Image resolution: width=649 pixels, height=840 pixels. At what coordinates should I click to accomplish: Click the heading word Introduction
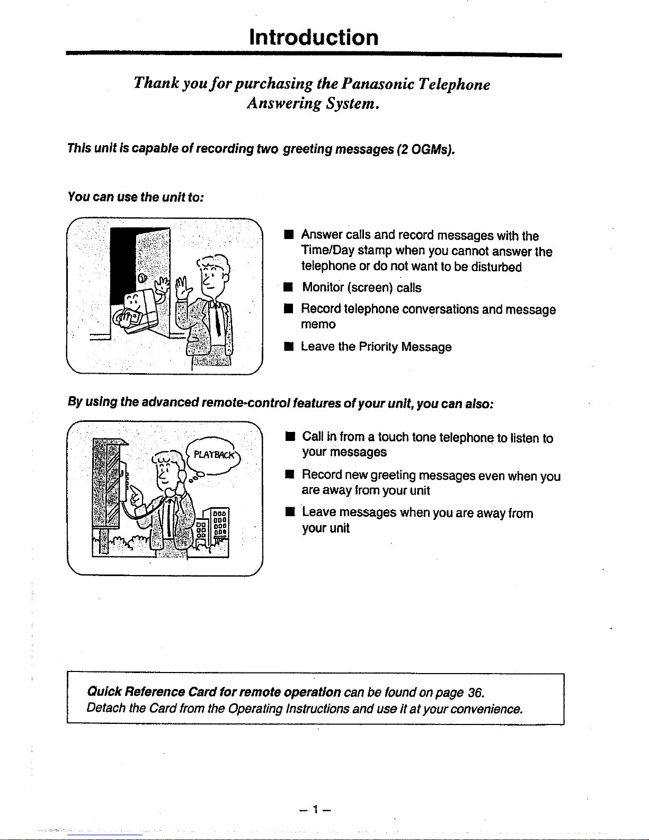(x=314, y=38)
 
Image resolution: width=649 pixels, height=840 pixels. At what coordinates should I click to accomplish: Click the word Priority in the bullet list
(x=378, y=347)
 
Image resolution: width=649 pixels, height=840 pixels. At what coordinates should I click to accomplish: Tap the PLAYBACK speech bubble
(x=211, y=455)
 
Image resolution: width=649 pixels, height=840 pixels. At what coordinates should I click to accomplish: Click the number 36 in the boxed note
(x=475, y=693)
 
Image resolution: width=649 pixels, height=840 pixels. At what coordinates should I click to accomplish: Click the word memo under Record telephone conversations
(x=318, y=324)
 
